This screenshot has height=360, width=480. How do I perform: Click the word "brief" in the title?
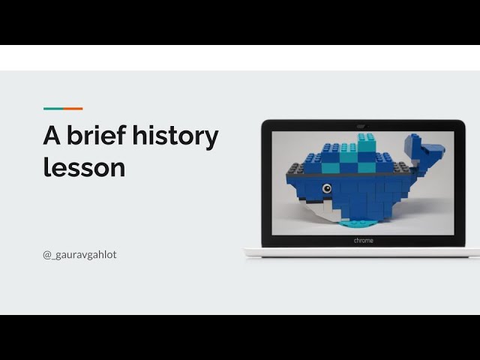click(95, 136)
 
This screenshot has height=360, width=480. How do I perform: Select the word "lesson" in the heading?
click(84, 167)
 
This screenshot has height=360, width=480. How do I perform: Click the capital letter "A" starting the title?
click(52, 136)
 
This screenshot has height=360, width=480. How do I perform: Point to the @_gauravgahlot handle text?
click(79, 254)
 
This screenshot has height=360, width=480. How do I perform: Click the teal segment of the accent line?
click(52, 109)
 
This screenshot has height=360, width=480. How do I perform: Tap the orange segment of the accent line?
click(73, 109)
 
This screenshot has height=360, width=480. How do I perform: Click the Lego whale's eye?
click(326, 188)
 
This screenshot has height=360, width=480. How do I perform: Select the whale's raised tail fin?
click(423, 150)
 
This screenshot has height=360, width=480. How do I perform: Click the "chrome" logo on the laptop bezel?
click(363, 241)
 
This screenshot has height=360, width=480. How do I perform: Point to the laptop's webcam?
click(363, 125)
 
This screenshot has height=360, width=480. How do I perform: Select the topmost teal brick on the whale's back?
click(367, 138)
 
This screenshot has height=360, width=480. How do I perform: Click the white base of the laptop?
click(362, 253)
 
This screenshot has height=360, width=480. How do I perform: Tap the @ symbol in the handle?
click(46, 254)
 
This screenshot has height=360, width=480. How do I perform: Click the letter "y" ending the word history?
click(211, 139)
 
